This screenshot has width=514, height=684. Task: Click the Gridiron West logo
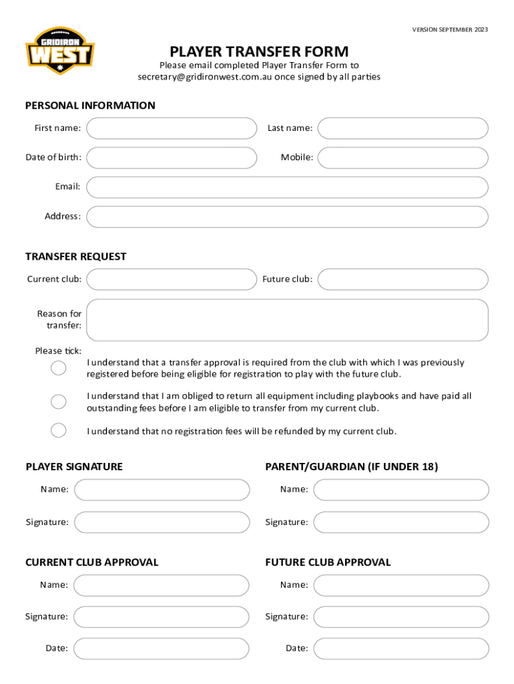pyautogui.click(x=60, y=50)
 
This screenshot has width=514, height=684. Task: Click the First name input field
pyautogui.click(x=172, y=128)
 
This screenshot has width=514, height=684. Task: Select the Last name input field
pyautogui.click(x=403, y=128)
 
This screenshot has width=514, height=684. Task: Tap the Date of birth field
pyautogui.click(x=172, y=158)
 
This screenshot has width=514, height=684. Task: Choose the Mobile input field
pyautogui.click(x=403, y=158)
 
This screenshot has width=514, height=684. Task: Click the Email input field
pyautogui.click(x=287, y=187)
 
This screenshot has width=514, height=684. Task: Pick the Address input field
pyautogui.click(x=287, y=216)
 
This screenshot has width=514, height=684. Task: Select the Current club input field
pyautogui.click(x=172, y=279)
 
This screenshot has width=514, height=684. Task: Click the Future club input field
pyautogui.click(x=403, y=279)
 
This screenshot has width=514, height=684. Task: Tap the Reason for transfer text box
pyautogui.click(x=287, y=320)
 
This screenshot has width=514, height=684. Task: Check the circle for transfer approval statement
pyautogui.click(x=59, y=368)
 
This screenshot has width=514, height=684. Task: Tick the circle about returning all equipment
pyautogui.click(x=59, y=401)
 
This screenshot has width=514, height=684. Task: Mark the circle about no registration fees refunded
pyautogui.click(x=59, y=430)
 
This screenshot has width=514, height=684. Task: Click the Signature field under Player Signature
pyautogui.click(x=162, y=522)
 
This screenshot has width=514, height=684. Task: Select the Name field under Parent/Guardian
pyautogui.click(x=401, y=490)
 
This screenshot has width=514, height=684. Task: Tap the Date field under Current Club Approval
pyautogui.click(x=161, y=649)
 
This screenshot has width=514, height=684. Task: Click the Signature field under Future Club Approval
pyautogui.click(x=401, y=617)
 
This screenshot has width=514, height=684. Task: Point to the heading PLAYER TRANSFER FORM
pyautogui.click(x=259, y=51)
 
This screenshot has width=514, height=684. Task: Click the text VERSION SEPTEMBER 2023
pyautogui.click(x=450, y=29)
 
